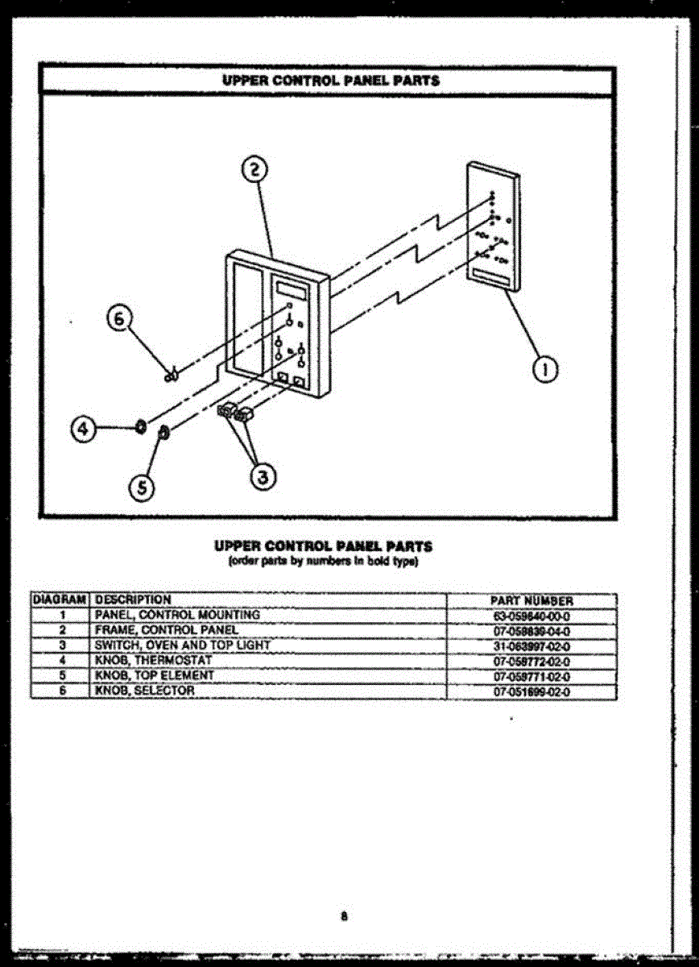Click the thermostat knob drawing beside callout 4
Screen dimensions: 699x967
pos(140,425)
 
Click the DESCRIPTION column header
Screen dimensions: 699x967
pos(133,600)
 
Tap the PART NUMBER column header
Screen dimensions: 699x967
pos(531,601)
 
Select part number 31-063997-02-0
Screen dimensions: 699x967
pos(531,646)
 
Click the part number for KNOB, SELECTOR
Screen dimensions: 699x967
pos(531,691)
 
